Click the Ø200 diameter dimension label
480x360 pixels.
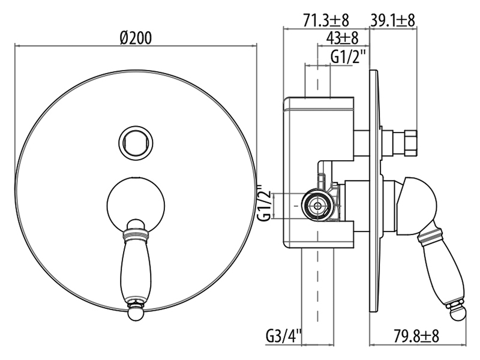click(136, 38)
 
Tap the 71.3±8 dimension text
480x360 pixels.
click(326, 20)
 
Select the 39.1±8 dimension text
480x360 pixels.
click(393, 20)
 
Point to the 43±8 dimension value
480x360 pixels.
click(342, 38)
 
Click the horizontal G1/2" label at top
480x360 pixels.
click(349, 56)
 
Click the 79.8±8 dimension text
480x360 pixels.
click(416, 336)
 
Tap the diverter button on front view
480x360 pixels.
click(136, 143)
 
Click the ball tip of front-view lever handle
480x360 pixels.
click(136, 313)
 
